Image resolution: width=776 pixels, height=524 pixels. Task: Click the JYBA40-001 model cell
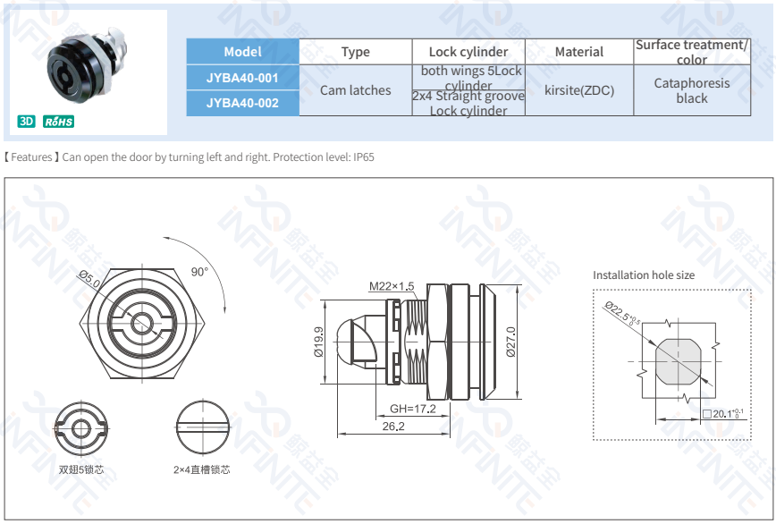(x=242, y=78)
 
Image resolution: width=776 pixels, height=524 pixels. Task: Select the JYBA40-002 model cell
(x=242, y=103)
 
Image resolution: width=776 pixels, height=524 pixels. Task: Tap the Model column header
(x=242, y=52)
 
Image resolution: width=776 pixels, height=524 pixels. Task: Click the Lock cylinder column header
(x=468, y=52)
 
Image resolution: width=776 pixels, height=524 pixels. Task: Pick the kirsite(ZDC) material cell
(x=579, y=90)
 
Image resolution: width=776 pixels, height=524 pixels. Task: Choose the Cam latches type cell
(x=355, y=90)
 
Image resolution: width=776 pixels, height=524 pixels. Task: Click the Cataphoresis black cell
(x=691, y=90)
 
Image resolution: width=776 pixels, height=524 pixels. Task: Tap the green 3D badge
(x=27, y=122)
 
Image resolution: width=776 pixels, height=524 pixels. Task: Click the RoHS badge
(x=58, y=122)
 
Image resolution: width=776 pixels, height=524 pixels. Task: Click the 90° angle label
(x=198, y=272)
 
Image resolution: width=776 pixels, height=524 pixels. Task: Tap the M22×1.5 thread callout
(x=392, y=286)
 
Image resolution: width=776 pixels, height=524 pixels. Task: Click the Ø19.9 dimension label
(x=318, y=342)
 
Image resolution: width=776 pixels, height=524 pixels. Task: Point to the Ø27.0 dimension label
(x=510, y=341)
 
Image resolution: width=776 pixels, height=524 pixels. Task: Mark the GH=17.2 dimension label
(x=412, y=409)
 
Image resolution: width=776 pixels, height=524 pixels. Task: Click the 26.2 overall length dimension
(x=393, y=427)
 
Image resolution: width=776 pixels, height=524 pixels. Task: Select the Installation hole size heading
(x=643, y=275)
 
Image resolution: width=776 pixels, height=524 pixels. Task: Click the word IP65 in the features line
(x=364, y=157)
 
